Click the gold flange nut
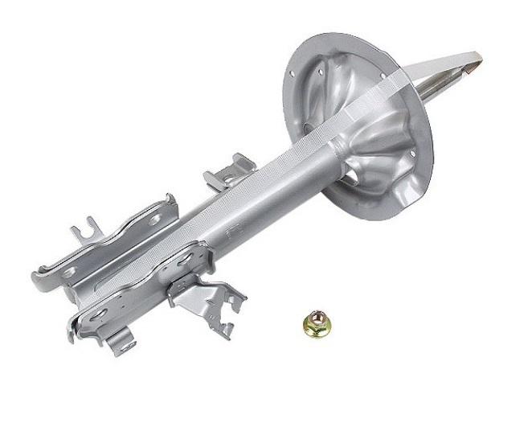click(316, 325)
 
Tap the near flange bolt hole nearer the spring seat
click(186, 259)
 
